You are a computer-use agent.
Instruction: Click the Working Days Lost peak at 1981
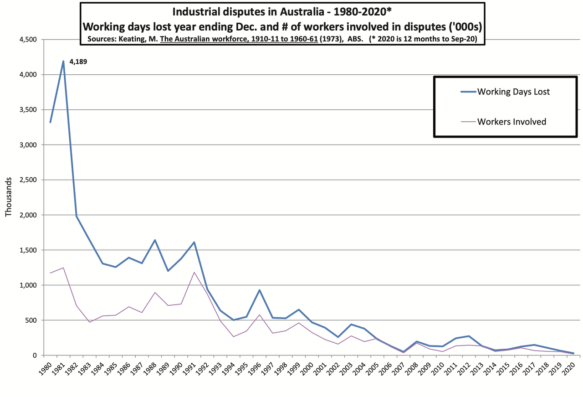tap(63, 61)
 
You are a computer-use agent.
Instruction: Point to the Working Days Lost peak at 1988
tap(155, 240)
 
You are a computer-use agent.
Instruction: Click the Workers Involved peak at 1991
tap(194, 272)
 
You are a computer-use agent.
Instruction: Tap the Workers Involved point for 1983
tap(90, 322)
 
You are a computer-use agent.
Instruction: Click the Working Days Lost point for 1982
tap(77, 216)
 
